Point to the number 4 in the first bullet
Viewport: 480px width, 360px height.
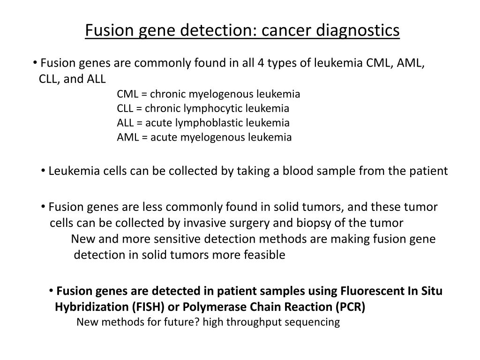click(x=260, y=63)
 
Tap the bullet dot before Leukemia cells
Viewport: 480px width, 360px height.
click(x=44, y=171)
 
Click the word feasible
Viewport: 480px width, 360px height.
click(x=265, y=255)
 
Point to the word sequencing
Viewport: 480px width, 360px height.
click(x=313, y=322)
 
